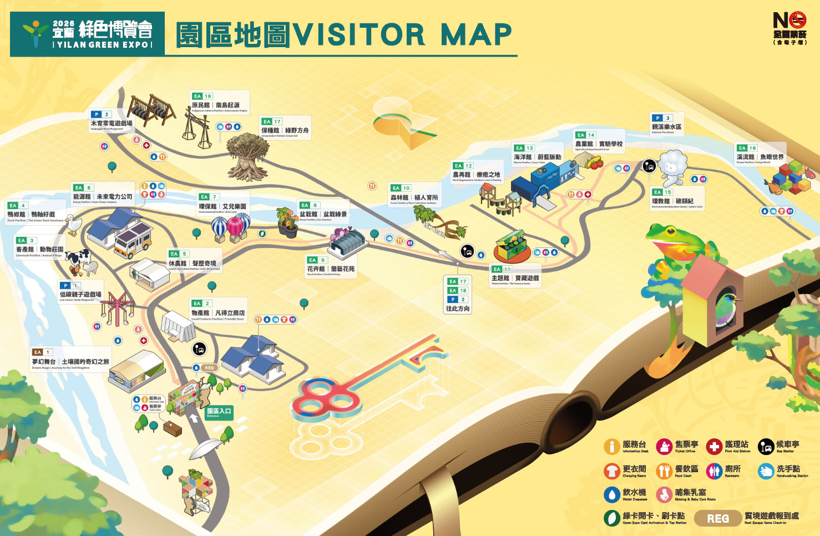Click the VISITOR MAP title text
(402, 34)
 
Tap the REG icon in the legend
(718, 518)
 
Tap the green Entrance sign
(219, 412)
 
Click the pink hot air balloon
(235, 226)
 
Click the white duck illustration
(73, 225)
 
